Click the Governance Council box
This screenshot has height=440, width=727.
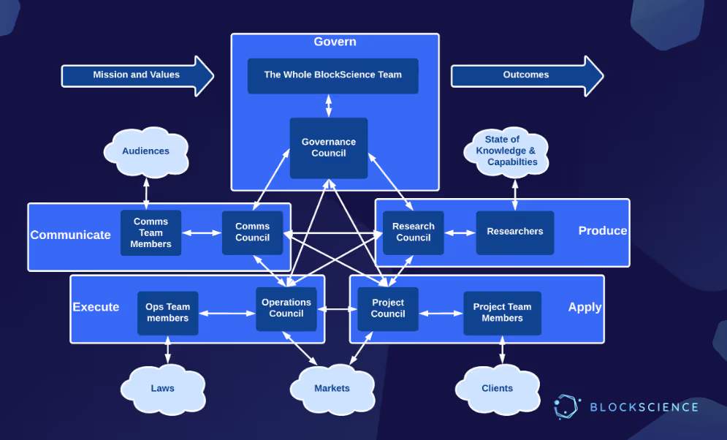click(x=328, y=148)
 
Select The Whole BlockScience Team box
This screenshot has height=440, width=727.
click(x=332, y=75)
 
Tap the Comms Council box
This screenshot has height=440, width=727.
click(x=252, y=232)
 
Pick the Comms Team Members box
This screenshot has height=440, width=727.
click(x=151, y=232)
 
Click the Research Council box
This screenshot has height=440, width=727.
click(x=413, y=232)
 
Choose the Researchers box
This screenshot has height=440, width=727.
click(x=514, y=232)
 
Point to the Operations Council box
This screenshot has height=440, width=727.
click(x=286, y=308)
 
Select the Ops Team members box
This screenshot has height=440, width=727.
click(x=167, y=313)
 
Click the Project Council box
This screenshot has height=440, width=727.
click(x=387, y=308)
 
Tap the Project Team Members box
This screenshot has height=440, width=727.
click(x=502, y=313)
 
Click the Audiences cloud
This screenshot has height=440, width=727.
click(x=145, y=152)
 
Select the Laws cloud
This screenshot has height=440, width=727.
click(x=162, y=387)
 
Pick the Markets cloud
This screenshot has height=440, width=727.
click(x=332, y=387)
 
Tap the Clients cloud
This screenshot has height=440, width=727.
click(x=497, y=387)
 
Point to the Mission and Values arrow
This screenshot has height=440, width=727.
click(x=137, y=75)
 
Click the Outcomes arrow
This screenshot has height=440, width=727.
click(x=526, y=75)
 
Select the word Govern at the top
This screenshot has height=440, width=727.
click(x=335, y=42)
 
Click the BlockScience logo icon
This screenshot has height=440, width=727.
click(x=566, y=407)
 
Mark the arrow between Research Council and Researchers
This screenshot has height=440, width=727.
click(x=460, y=233)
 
